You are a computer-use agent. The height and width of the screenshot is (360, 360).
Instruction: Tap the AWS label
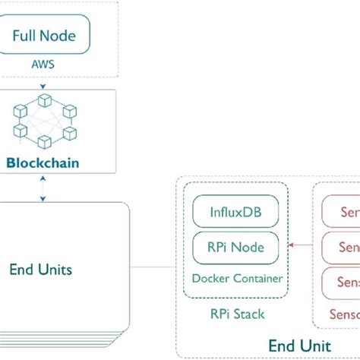coord(44,65)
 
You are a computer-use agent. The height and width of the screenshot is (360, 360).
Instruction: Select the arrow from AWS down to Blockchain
coord(43,83)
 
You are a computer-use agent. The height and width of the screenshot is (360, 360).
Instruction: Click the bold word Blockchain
coord(43,162)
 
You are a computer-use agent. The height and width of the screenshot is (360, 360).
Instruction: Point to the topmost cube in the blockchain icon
coord(44,102)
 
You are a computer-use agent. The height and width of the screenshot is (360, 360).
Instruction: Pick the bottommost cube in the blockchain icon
coord(43,141)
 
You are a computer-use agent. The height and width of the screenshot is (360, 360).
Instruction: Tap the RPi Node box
coord(235,246)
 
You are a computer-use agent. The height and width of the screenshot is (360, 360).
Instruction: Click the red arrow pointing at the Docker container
coord(304,245)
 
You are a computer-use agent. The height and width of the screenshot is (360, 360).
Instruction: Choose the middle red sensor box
coord(341,247)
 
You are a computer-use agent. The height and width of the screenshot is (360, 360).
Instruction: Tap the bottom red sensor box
coord(341,282)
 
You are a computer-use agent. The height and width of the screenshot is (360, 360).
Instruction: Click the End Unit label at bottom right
coord(299,346)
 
